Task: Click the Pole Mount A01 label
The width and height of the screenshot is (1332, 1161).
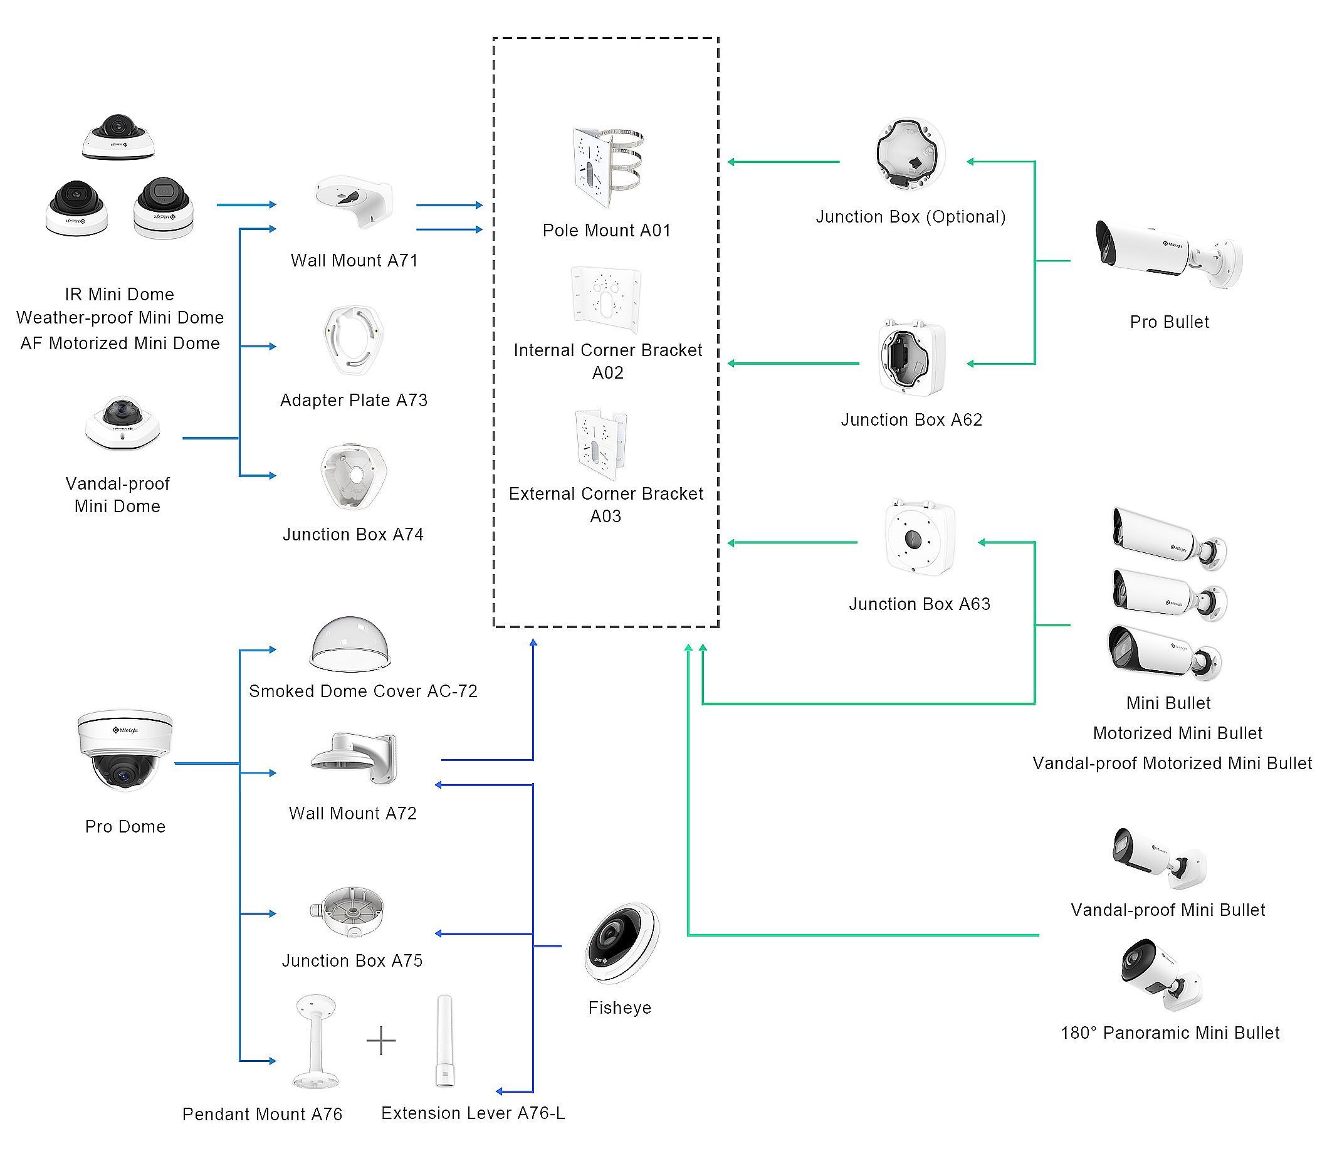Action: [606, 231]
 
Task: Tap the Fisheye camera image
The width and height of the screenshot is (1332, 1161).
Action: [621, 943]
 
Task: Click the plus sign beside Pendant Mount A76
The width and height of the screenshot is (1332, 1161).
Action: [381, 1041]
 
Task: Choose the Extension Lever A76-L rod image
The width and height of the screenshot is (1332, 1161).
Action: [444, 1041]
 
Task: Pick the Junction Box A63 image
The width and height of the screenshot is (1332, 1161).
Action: [920, 537]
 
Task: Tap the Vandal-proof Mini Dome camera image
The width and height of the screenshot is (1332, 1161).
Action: [122, 423]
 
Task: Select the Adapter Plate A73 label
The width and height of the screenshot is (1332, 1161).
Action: [354, 401]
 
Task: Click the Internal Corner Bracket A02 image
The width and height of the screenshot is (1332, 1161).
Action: [606, 299]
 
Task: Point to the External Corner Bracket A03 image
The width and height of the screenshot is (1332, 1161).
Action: [600, 444]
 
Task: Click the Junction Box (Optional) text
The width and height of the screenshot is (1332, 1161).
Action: [910, 216]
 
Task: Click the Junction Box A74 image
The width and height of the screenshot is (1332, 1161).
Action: [353, 476]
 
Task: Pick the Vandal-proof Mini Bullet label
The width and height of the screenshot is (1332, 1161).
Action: [1167, 910]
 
